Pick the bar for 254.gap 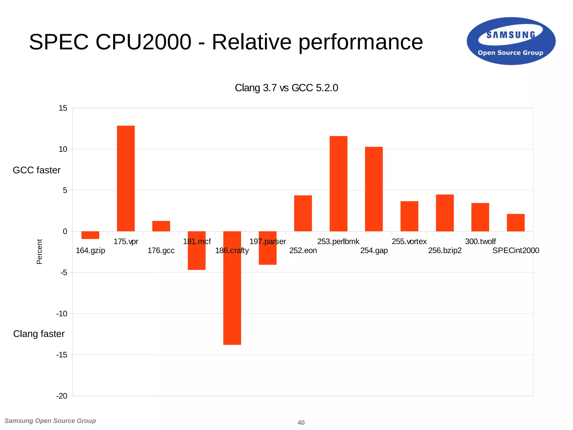[x=374, y=189]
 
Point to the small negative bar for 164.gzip [x=90, y=235]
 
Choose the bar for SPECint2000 [x=516, y=223]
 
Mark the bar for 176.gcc [x=161, y=226]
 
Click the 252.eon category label [x=303, y=251]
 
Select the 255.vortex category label [x=409, y=242]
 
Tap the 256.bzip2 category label [x=445, y=251]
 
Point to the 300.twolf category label [x=480, y=242]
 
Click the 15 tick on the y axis [x=63, y=108]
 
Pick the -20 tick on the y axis [x=62, y=396]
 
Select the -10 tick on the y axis [x=62, y=314]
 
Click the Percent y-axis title [x=39, y=251]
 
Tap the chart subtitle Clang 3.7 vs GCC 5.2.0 [x=286, y=88]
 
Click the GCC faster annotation [x=37, y=170]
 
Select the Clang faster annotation [x=39, y=334]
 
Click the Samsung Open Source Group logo [x=511, y=41]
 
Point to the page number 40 [x=301, y=422]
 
